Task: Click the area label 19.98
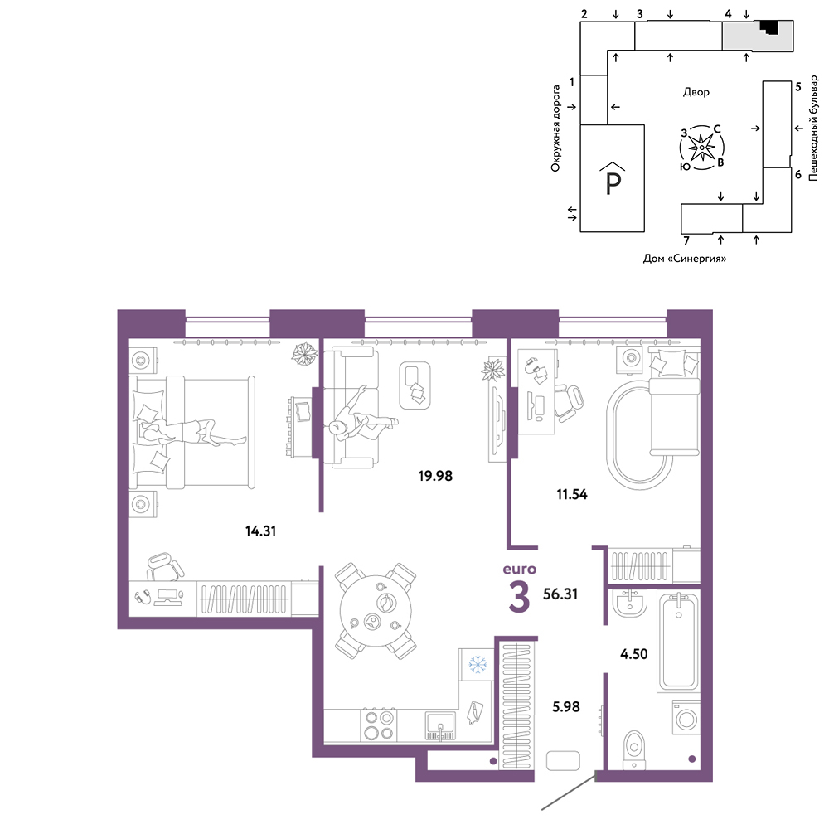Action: click(435, 476)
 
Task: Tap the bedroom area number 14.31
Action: click(260, 531)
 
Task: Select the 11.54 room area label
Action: click(571, 494)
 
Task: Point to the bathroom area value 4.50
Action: click(633, 654)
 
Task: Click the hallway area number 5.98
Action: click(565, 707)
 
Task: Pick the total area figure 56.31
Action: click(560, 594)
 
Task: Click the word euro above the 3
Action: click(519, 570)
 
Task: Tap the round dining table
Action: click(375, 611)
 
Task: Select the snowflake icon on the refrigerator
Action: click(478, 664)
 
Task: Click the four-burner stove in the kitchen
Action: click(379, 725)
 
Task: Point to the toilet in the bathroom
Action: click(634, 749)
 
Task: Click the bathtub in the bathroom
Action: click(678, 642)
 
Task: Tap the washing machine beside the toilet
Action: click(686, 717)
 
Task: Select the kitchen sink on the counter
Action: click(440, 726)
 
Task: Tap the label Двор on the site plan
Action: click(696, 93)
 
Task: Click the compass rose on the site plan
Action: click(701, 148)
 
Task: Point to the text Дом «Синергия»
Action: click(685, 259)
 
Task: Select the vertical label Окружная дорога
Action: click(555, 128)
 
